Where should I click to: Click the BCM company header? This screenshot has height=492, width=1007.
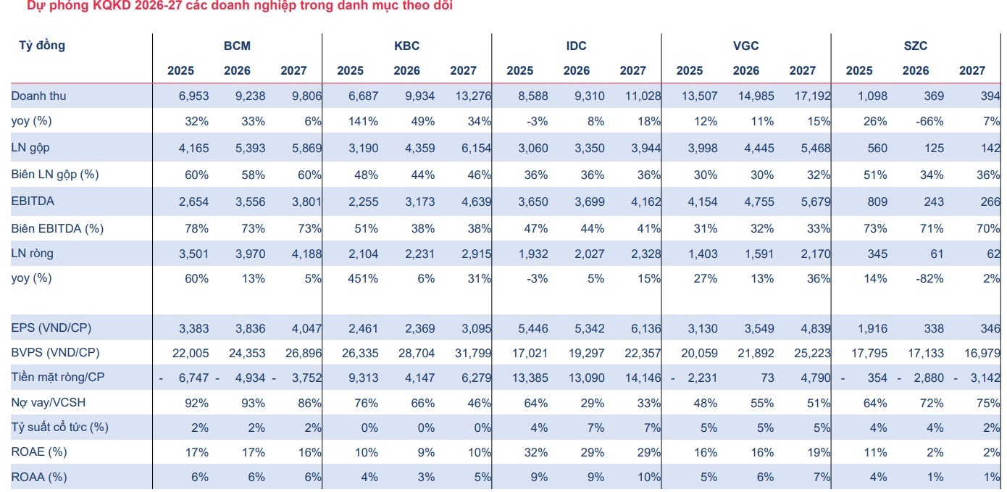tap(237, 46)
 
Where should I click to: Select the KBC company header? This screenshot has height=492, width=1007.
tap(406, 46)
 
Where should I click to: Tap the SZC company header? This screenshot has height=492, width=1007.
tap(915, 46)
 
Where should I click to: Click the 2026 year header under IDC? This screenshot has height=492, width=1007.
tap(577, 70)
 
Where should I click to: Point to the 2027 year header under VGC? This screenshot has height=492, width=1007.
tap(803, 70)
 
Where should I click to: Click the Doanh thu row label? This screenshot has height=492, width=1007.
tap(38, 96)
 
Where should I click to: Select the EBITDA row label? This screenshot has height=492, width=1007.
tap(33, 201)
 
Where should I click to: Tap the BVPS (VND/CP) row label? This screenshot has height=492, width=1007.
tap(55, 353)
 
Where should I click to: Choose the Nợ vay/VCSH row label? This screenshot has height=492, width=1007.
tap(48, 402)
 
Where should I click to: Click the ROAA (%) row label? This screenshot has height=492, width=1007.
tap(39, 477)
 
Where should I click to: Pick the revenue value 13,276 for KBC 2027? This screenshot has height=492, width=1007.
tap(476, 96)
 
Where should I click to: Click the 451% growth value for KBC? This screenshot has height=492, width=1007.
tap(363, 279)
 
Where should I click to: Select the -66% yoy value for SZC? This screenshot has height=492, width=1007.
tap(929, 122)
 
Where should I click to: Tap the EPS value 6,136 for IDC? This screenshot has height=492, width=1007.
tap(646, 329)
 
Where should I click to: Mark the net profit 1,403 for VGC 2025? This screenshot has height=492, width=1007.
tap(703, 254)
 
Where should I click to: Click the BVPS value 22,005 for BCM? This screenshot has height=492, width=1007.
tap(191, 354)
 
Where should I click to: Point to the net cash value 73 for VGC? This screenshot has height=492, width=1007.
tap(767, 378)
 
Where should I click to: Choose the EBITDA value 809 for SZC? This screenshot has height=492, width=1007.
tap(877, 201)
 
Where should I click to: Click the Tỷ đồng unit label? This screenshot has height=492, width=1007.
tap(42, 46)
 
